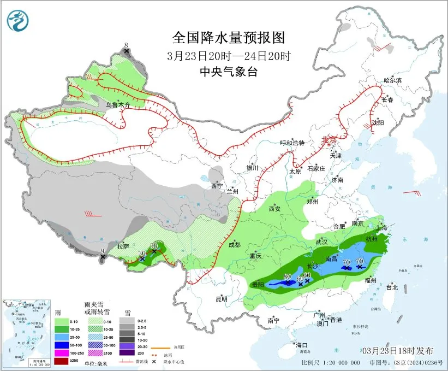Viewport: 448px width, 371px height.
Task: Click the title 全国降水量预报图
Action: click(229, 38)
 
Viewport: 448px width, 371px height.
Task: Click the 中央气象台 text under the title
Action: click(229, 72)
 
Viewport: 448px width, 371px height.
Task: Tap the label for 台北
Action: click(392, 287)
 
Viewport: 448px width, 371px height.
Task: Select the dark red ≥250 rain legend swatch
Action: click(62, 354)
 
